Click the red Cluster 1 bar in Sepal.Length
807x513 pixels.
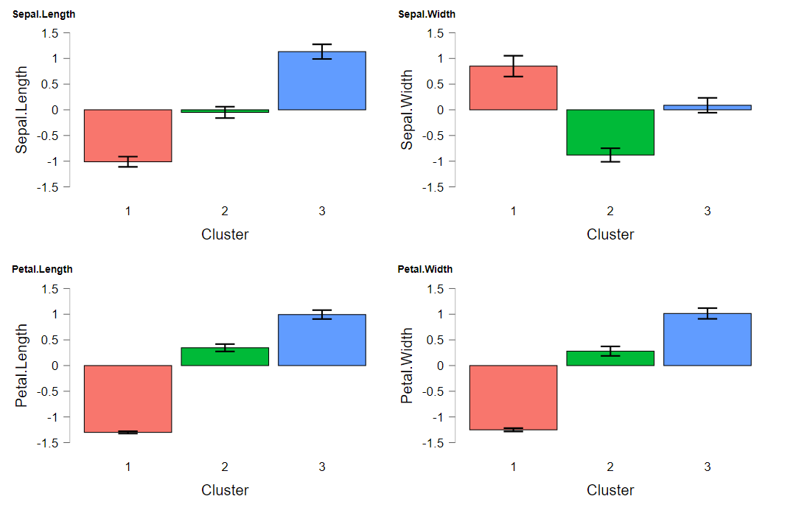(127, 136)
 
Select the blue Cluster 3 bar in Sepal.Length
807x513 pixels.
(322, 81)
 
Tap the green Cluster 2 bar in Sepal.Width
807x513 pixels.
(609, 133)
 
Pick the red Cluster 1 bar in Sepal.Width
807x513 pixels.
(513, 88)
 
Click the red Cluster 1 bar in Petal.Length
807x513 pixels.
(127, 399)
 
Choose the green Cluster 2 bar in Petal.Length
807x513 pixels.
(225, 357)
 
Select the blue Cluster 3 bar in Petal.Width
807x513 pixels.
(707, 340)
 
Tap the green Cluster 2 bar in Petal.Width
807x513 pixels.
(609, 358)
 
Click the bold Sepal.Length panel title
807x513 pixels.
(43, 14)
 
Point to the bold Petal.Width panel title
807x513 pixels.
(425, 269)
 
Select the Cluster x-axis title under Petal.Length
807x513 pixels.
(225, 490)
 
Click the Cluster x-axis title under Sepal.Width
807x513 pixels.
(610, 234)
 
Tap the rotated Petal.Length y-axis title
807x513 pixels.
(22, 366)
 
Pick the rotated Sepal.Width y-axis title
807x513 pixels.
(407, 110)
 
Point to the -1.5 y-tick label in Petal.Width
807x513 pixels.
(435, 443)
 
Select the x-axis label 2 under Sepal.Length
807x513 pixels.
(225, 212)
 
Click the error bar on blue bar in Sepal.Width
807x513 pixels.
(707, 105)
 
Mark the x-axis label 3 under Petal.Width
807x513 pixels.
(707, 467)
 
